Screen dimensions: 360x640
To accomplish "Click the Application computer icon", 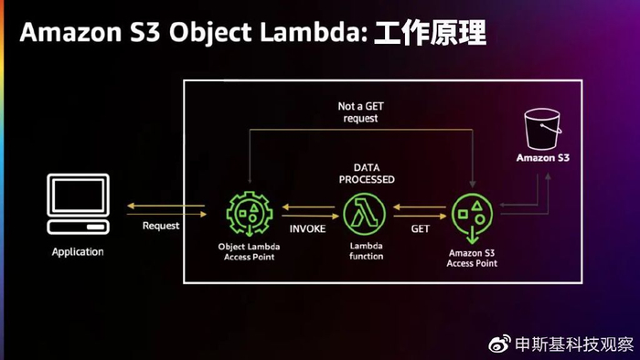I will click(x=78, y=206).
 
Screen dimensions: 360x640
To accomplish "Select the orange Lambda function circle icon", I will click(x=366, y=214).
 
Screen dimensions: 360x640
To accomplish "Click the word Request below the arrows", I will click(x=161, y=225).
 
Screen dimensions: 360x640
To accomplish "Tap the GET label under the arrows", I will click(x=421, y=228).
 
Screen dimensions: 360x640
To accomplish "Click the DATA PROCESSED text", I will click(x=366, y=174).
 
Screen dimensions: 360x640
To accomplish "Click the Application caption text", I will click(x=78, y=251).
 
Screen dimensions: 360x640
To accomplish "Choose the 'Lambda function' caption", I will click(x=367, y=251).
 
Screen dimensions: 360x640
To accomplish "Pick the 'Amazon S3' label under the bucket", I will click(x=543, y=158).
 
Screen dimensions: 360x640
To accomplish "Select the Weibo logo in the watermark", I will click(x=499, y=344).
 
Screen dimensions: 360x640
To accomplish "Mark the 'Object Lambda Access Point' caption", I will click(x=247, y=251).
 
